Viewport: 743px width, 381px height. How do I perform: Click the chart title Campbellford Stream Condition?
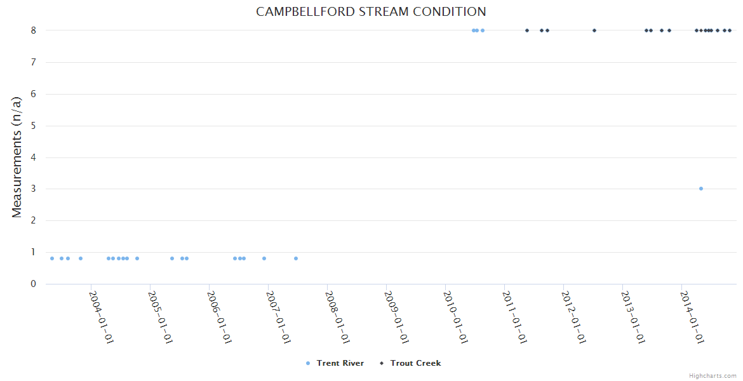(371, 12)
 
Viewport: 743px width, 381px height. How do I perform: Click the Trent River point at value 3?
(700, 189)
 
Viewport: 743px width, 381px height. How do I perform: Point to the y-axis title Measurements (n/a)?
(17, 157)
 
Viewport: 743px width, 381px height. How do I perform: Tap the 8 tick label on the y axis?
(33, 30)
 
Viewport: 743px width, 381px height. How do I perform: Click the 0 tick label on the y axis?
(33, 284)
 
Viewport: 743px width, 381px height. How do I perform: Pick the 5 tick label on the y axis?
(33, 126)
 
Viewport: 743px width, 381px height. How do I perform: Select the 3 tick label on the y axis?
(33, 189)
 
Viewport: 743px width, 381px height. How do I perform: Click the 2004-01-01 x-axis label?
(100, 317)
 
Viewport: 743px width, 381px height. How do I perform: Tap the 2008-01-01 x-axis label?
(337, 317)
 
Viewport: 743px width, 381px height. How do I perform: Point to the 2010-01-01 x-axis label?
(455, 317)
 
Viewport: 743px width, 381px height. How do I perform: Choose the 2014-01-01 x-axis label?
(691, 317)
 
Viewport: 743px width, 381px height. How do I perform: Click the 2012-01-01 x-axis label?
(573, 317)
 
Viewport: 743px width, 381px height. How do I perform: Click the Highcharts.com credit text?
(713, 375)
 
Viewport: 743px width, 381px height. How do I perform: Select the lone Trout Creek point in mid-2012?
(594, 30)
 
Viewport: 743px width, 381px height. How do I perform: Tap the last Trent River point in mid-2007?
(296, 258)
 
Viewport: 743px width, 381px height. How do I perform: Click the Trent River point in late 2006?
(264, 258)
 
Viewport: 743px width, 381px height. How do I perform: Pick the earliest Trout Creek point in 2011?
(527, 30)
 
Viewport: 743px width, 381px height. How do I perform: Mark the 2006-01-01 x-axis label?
(218, 317)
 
